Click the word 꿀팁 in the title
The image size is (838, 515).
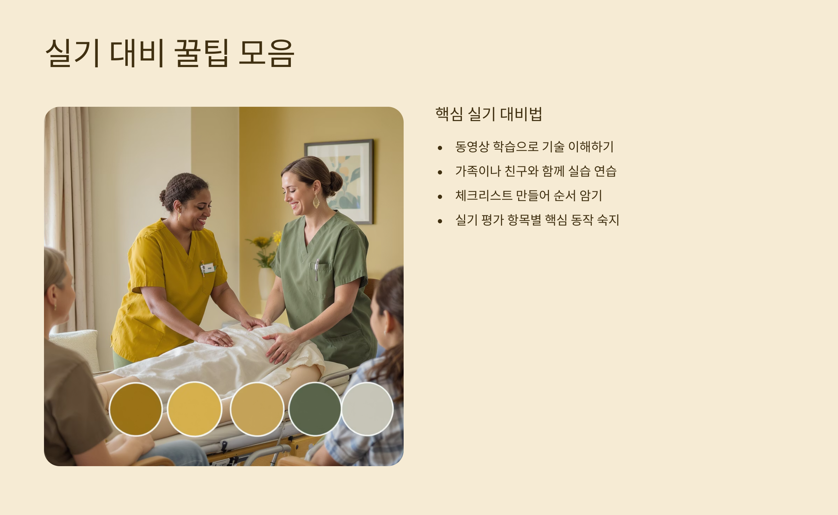pos(201,53)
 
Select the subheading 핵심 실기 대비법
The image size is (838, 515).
pos(488,114)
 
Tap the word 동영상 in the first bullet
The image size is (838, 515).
pos(472,147)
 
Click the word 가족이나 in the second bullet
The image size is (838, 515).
pos(478,171)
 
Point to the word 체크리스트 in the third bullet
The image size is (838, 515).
pos(484,195)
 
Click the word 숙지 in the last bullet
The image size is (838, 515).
pos(608,220)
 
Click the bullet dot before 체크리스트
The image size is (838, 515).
pos(440,197)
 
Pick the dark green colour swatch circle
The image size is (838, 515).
pos(315,409)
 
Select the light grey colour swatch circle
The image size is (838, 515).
pos(367,409)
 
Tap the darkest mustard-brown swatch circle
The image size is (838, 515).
pos(135,409)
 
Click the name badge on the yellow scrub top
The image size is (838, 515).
pos(208,268)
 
